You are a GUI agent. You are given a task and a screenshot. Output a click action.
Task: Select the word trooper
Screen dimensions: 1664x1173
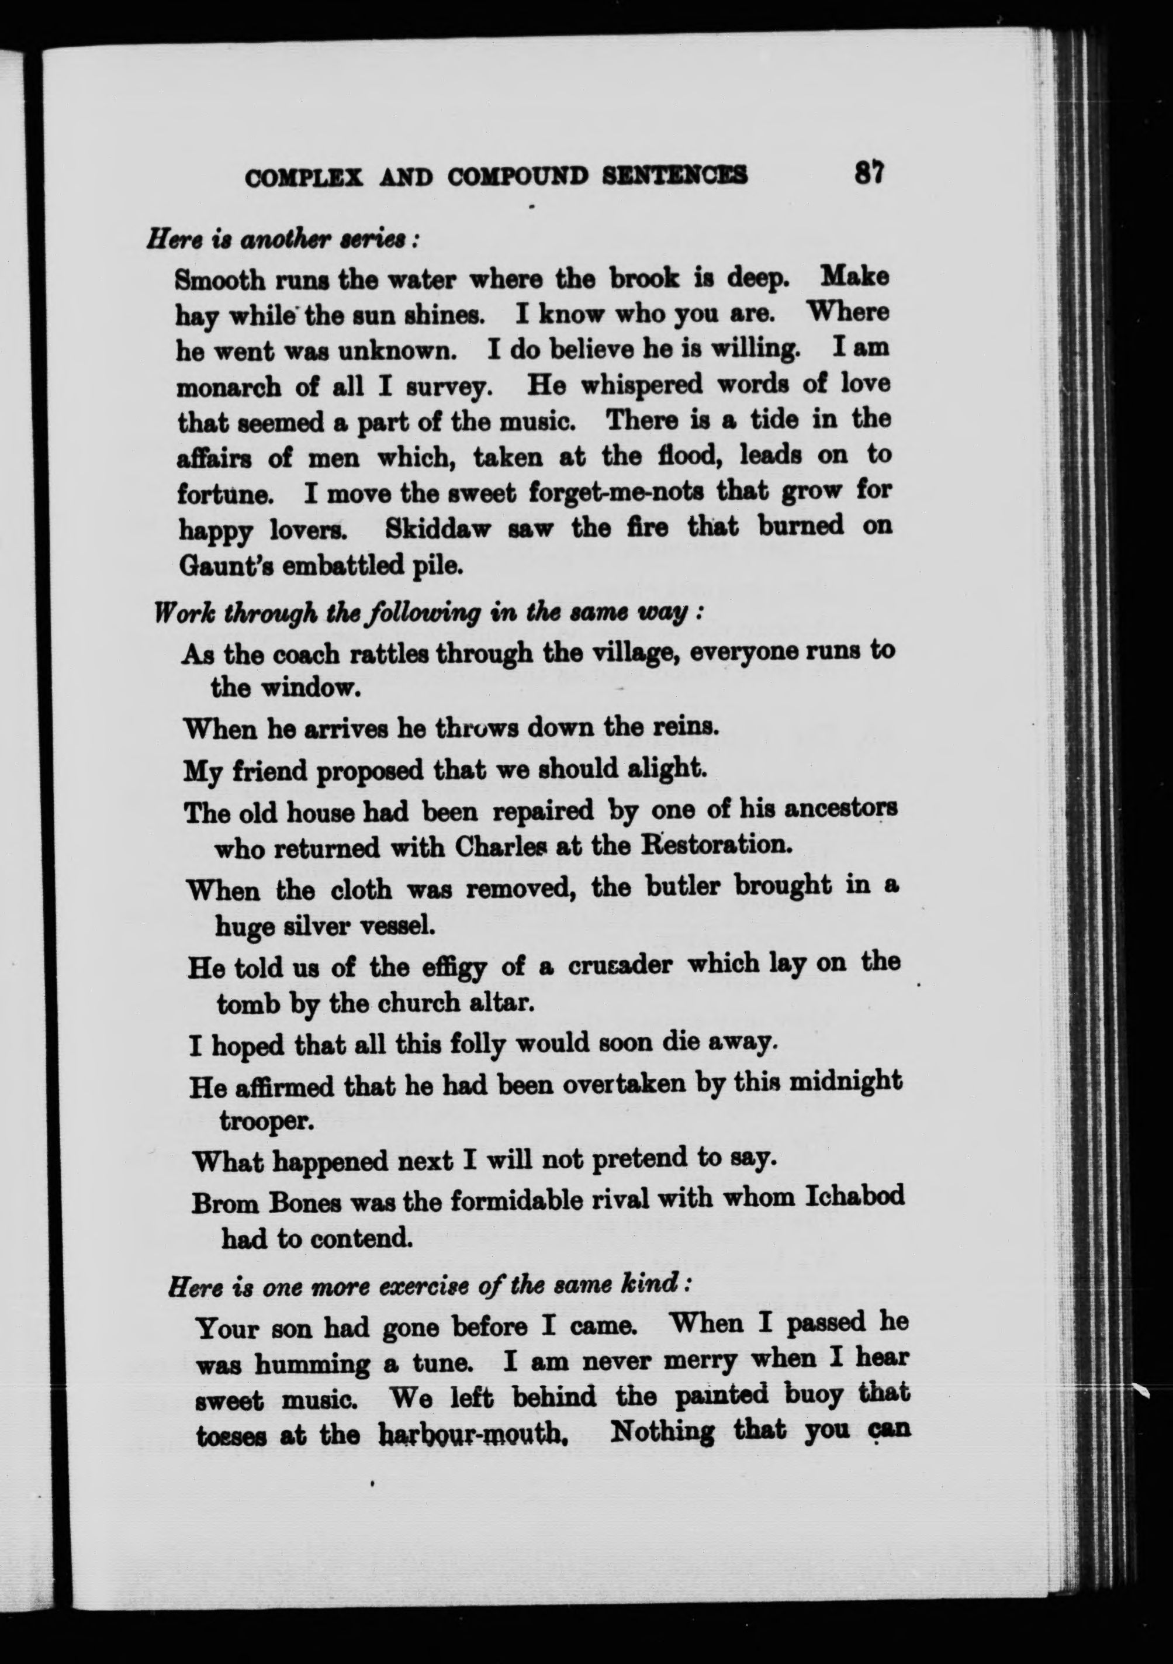click(266, 1120)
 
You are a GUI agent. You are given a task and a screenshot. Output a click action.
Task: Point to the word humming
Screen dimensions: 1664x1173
click(307, 1363)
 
